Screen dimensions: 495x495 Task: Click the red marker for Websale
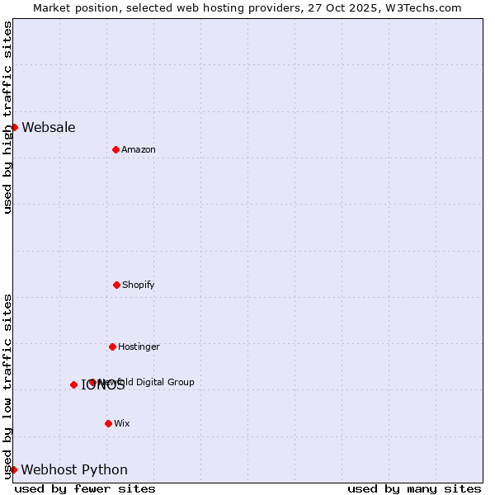coord(14,127)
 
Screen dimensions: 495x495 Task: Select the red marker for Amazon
coord(115,149)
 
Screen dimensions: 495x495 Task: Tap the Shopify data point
coord(116,285)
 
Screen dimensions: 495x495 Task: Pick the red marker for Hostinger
coord(112,346)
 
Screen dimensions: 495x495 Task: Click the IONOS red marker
coord(73,384)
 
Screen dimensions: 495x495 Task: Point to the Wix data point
coord(108,423)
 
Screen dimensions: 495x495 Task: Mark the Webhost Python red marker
coord(13,469)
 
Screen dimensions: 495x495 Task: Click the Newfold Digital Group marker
coord(92,382)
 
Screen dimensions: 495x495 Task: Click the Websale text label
coord(49,127)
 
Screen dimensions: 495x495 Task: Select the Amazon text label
coord(139,149)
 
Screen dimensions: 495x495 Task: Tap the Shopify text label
coord(139,285)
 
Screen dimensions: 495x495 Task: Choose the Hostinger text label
coord(139,346)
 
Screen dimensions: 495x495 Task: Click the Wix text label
coord(122,423)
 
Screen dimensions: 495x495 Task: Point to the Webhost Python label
coord(74,469)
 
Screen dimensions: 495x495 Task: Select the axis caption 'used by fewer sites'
coord(85,488)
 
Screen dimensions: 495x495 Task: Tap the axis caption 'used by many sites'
coord(414,488)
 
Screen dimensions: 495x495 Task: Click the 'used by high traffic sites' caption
coord(7,117)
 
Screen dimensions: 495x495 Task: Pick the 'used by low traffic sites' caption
coord(7,386)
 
